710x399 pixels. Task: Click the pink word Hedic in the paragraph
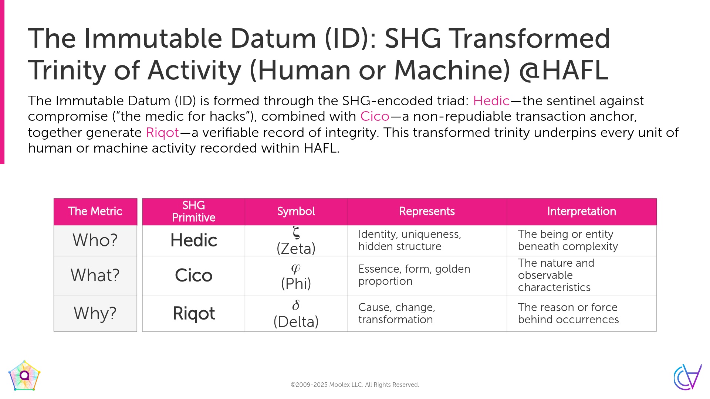click(491, 101)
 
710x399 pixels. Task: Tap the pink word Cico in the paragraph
click(375, 116)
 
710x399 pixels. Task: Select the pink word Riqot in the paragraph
click(163, 133)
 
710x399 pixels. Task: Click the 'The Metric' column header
click(95, 211)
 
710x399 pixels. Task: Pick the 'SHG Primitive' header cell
click(194, 211)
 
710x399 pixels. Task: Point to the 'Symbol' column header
click(296, 211)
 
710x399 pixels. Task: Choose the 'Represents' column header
click(427, 211)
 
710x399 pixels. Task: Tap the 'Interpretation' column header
click(582, 211)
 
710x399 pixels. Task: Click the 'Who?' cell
click(95, 241)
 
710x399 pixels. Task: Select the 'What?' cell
click(95, 276)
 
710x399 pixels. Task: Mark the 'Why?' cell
click(95, 313)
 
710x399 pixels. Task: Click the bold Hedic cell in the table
click(194, 241)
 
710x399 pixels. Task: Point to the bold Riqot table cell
click(194, 313)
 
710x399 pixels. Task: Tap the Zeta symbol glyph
click(296, 233)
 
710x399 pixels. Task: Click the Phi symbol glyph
click(296, 269)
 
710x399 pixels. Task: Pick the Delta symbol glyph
click(296, 305)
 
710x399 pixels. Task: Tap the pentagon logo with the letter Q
click(24, 376)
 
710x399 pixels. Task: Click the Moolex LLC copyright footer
click(355, 385)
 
